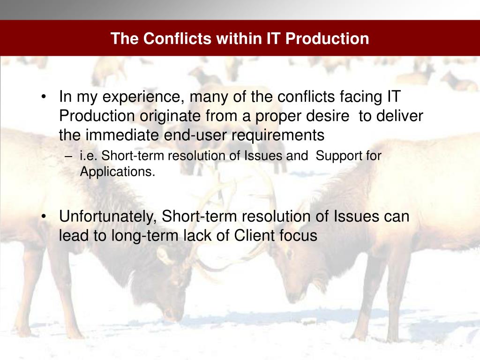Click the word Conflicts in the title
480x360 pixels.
[x=177, y=38]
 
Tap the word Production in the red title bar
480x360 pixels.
[x=327, y=38]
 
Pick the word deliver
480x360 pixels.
[x=399, y=116]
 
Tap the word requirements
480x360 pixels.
[x=277, y=135]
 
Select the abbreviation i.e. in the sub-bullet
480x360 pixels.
[x=89, y=156]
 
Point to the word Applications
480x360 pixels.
[x=118, y=172]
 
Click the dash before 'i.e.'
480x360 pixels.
[x=68, y=157]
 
